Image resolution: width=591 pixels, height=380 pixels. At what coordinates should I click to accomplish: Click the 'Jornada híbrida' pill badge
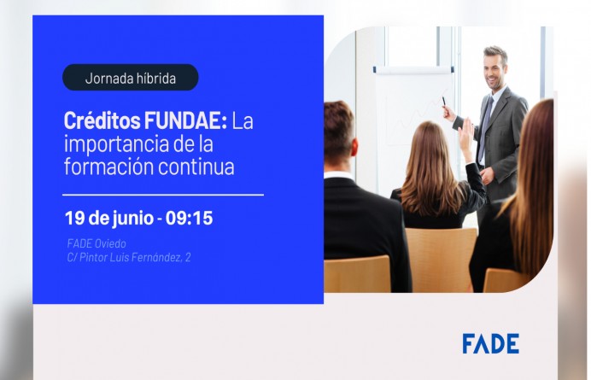click(x=130, y=78)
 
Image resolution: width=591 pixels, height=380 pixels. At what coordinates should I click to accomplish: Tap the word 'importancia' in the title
click(x=110, y=143)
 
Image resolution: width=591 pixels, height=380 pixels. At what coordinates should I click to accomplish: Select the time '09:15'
click(x=188, y=218)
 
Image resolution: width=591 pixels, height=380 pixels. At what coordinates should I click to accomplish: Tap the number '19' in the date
click(x=75, y=218)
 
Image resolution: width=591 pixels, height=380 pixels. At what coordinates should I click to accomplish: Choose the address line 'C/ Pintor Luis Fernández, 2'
click(x=128, y=256)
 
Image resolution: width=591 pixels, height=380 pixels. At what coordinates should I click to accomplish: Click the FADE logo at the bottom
click(x=490, y=343)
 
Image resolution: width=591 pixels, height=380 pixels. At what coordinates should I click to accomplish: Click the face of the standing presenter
click(x=493, y=67)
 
